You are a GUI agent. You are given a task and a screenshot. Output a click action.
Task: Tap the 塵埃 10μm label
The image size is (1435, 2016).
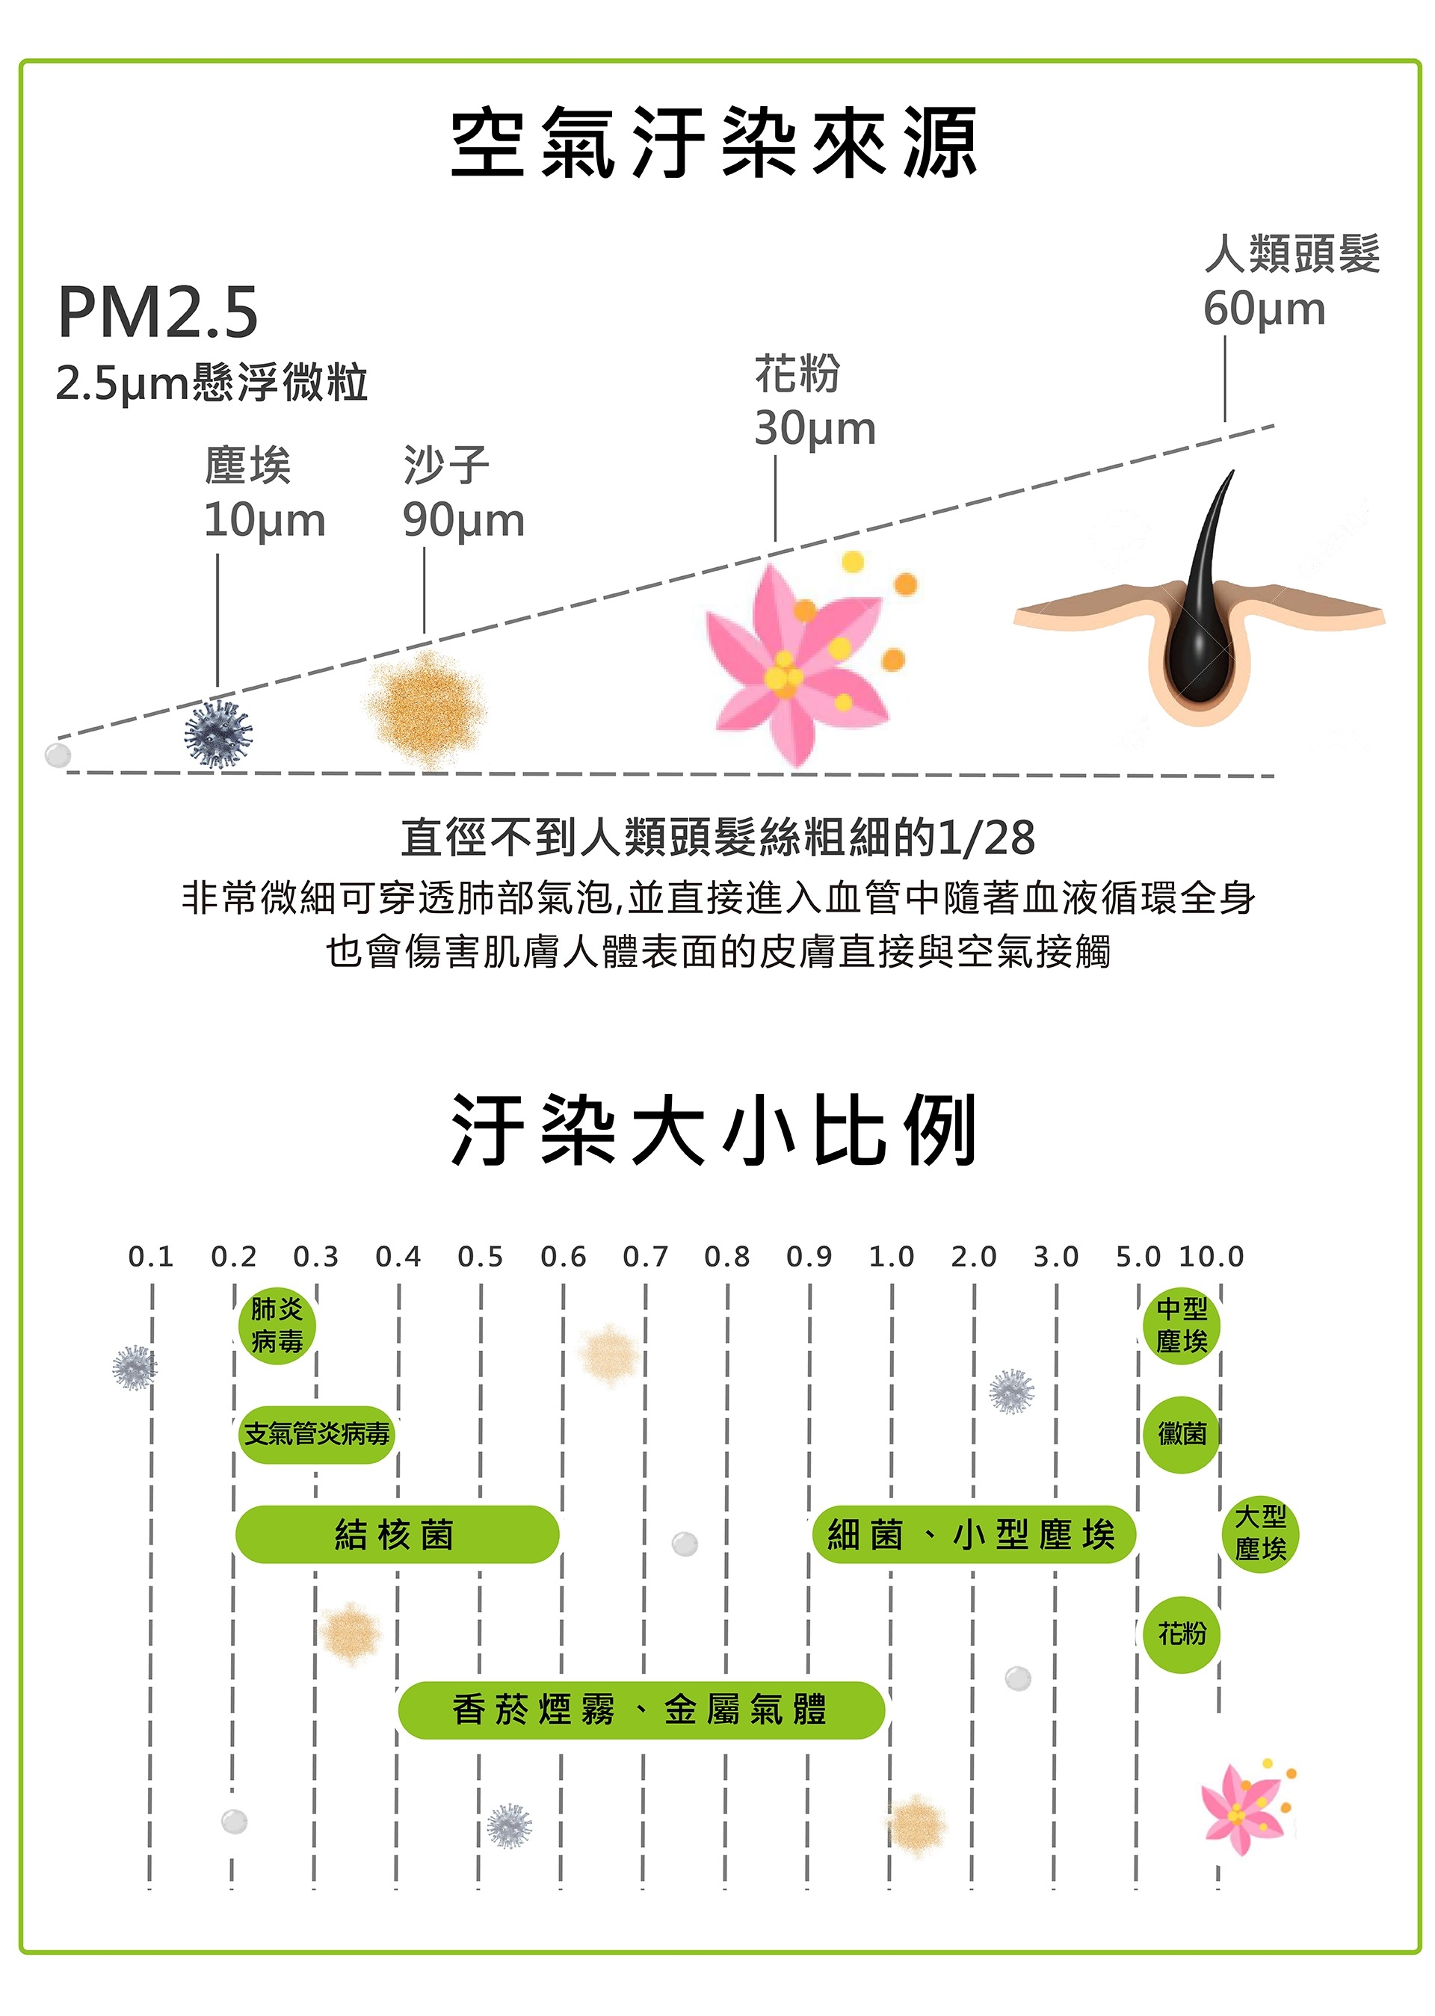click(263, 492)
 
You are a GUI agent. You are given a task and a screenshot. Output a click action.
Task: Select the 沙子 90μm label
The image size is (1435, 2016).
click(463, 492)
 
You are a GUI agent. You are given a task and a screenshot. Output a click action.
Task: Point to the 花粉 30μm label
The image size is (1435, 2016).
click(814, 401)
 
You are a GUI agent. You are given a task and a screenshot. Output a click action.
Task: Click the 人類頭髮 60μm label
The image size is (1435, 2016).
click(1289, 281)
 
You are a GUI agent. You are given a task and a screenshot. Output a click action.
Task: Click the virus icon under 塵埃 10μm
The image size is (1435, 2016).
click(217, 734)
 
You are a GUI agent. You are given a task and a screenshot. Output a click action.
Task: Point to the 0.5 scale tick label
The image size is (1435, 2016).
click(480, 1256)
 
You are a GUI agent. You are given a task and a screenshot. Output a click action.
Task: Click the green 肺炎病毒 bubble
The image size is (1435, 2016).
click(277, 1325)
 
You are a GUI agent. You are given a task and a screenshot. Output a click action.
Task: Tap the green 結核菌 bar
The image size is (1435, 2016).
click(397, 1535)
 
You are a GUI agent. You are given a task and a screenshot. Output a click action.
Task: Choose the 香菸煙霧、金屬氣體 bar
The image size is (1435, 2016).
click(641, 1710)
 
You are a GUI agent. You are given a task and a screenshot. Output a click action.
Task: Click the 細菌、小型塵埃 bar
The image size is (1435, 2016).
click(972, 1535)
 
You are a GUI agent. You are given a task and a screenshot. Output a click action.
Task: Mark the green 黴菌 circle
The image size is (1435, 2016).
click(1182, 1434)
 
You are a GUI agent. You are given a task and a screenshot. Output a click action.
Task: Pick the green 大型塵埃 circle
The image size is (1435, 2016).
click(1260, 1533)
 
